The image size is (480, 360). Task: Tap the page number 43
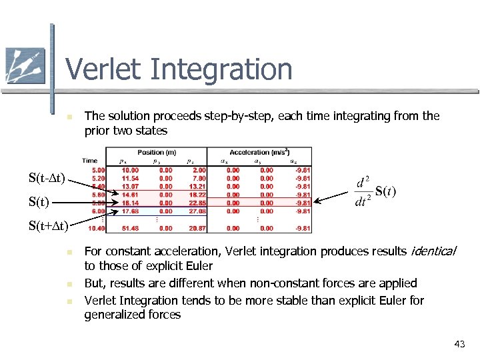[x=459, y=344]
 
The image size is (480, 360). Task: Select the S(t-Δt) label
[x=46, y=178]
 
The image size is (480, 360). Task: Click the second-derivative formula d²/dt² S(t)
[x=375, y=191]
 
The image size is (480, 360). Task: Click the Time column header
[x=90, y=160]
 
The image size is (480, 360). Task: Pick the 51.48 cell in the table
[x=130, y=229]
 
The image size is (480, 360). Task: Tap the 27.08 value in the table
[x=197, y=211]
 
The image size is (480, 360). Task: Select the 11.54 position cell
[x=130, y=178]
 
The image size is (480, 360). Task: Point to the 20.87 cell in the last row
[x=197, y=229]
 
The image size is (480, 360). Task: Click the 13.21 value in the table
[x=197, y=187]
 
